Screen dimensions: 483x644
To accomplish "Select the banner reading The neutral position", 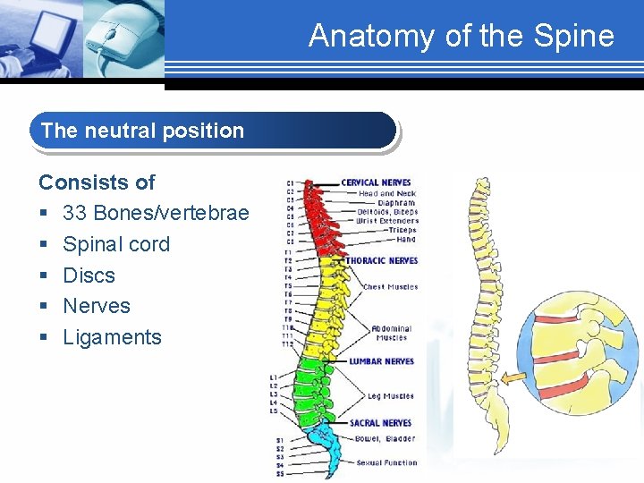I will tap(213, 131).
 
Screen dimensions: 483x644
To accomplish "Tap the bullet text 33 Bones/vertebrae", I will tap(156, 213).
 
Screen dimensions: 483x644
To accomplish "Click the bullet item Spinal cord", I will tap(116, 244).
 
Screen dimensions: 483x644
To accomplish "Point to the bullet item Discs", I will tap(89, 275).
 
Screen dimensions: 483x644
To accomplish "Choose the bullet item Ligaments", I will tap(112, 337).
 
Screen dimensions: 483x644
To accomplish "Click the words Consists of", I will tap(97, 182).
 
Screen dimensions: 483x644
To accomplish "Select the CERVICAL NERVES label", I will tap(376, 183).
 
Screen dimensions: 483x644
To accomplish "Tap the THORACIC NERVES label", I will tap(382, 261).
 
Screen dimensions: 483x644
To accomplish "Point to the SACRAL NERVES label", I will tap(380, 423).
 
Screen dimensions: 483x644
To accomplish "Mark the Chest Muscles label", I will tap(390, 287).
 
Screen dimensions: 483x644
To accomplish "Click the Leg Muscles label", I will tap(390, 396).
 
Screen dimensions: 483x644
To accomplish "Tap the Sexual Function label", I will tap(386, 462).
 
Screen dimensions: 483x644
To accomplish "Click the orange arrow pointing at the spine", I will tap(514, 378).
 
